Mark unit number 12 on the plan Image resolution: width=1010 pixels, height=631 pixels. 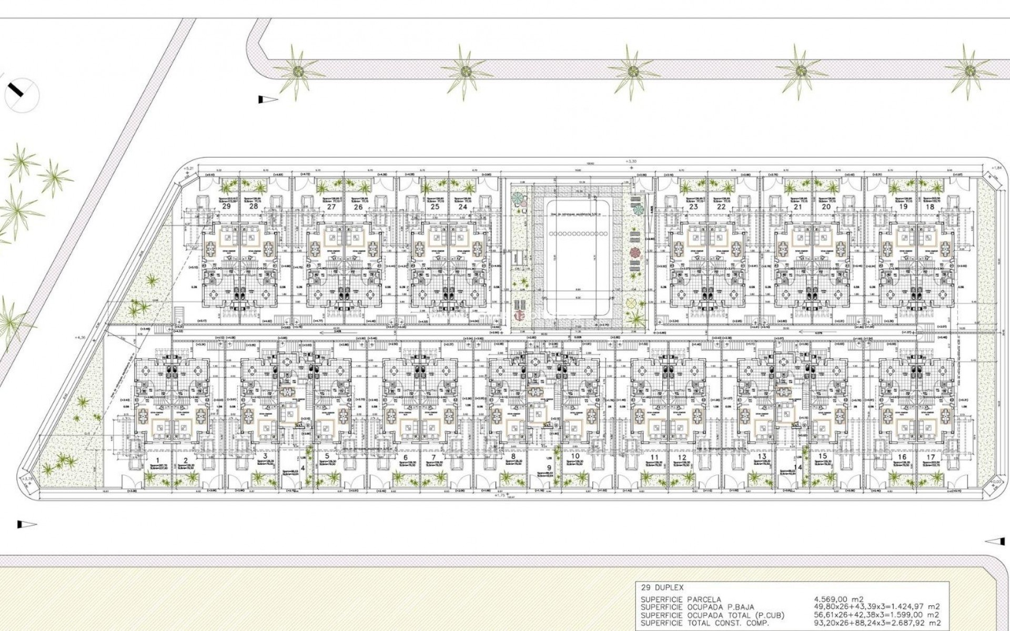click(682, 457)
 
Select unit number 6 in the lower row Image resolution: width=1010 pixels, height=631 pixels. click(406, 457)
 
